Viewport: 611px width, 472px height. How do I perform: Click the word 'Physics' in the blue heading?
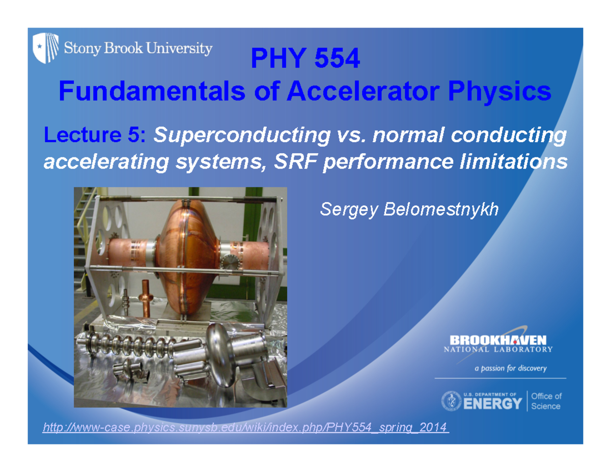pyautogui.click(x=501, y=92)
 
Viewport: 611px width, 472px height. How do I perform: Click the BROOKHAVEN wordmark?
pyautogui.click(x=498, y=340)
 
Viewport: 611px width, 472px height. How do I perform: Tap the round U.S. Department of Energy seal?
pyautogui.click(x=451, y=401)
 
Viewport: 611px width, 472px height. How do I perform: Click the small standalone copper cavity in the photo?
pyautogui.click(x=145, y=302)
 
